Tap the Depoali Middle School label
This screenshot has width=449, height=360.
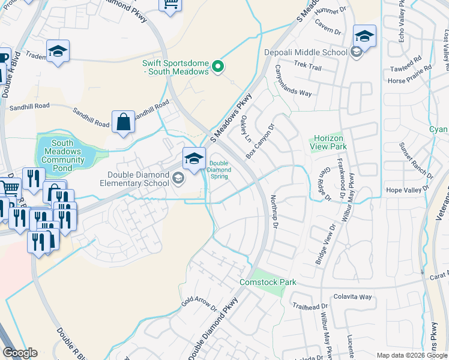[x=306, y=52]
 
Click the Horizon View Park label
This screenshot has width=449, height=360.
[x=328, y=142]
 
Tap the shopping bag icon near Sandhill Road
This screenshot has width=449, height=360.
[x=123, y=122]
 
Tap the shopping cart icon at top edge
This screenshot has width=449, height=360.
[x=170, y=5]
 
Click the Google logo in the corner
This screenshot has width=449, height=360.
[x=20, y=353]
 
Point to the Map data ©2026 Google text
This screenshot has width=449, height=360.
[x=412, y=355]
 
